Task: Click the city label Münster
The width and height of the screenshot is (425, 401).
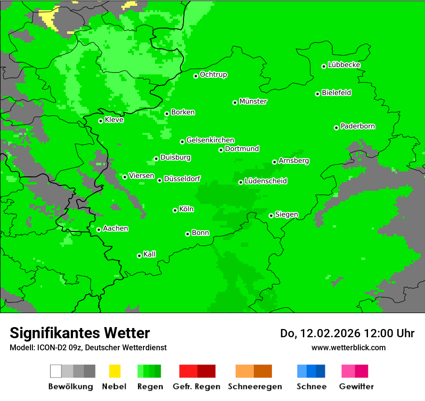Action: tap(253, 101)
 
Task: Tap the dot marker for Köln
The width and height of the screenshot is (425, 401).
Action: tap(175, 210)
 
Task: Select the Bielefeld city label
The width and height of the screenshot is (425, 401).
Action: tap(337, 93)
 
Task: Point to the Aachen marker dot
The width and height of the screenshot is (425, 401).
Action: tap(99, 229)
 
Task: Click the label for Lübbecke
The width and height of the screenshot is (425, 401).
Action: tap(344, 65)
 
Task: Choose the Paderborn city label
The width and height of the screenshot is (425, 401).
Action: tap(358, 126)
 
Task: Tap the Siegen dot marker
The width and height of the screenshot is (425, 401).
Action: tap(271, 215)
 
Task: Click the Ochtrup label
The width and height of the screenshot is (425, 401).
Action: tap(213, 74)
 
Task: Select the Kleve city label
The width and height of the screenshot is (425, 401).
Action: tap(114, 120)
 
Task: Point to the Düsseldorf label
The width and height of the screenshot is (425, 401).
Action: tap(182, 179)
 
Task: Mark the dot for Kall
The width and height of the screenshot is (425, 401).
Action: tap(139, 256)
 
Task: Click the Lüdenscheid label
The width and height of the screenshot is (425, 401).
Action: tap(266, 181)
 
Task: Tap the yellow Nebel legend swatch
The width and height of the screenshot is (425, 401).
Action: tap(114, 371)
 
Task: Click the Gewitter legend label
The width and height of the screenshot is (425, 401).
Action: tap(356, 387)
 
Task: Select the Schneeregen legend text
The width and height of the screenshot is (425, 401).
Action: tap(255, 387)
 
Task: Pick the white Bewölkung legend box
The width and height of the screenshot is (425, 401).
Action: tap(56, 371)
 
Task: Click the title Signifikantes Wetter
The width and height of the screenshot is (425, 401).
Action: tap(80, 333)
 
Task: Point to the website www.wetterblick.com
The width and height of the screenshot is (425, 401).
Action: tap(349, 347)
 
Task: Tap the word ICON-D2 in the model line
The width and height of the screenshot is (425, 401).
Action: tap(51, 347)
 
